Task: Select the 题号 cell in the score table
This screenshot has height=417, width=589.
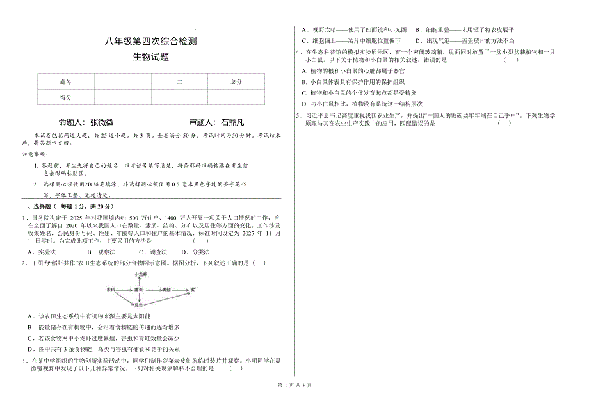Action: (65, 82)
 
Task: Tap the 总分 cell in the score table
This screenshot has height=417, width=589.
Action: (236, 82)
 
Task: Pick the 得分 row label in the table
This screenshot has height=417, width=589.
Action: (65, 97)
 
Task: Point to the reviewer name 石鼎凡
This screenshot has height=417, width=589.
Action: (232, 122)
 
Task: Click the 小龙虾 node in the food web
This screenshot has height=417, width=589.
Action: (141, 274)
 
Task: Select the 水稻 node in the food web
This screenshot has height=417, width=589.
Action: (110, 290)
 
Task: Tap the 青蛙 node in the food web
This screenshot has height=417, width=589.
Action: (166, 290)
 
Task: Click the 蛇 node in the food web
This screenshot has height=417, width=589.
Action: (193, 290)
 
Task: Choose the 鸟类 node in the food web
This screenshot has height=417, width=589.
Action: (138, 305)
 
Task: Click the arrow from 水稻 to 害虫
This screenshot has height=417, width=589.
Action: (124, 290)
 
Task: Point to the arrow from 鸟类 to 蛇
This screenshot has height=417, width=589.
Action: (166, 299)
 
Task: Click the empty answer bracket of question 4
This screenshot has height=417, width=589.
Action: (510, 60)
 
